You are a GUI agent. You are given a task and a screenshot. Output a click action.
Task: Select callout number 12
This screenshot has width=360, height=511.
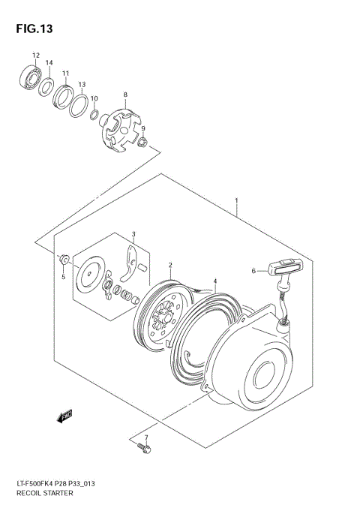tap(35, 56)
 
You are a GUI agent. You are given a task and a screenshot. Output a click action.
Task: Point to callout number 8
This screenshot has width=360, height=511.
tap(125, 94)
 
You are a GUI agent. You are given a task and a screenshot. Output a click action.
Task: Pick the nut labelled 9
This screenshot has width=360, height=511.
tap(143, 143)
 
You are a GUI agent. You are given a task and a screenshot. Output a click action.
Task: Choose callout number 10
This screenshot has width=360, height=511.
tap(94, 98)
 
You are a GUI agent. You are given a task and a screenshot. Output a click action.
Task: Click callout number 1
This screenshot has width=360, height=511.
tap(236, 200)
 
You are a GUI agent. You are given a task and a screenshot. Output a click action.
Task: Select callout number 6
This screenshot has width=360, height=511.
tap(253, 271)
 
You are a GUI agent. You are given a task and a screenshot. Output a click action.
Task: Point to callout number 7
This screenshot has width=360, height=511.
tap(146, 436)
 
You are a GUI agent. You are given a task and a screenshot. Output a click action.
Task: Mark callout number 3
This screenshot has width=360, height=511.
tap(133, 234)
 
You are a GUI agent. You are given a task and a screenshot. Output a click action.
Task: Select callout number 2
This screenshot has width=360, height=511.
tap(170, 265)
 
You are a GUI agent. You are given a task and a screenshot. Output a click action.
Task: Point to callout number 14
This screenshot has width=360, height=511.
tap(49, 62)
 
